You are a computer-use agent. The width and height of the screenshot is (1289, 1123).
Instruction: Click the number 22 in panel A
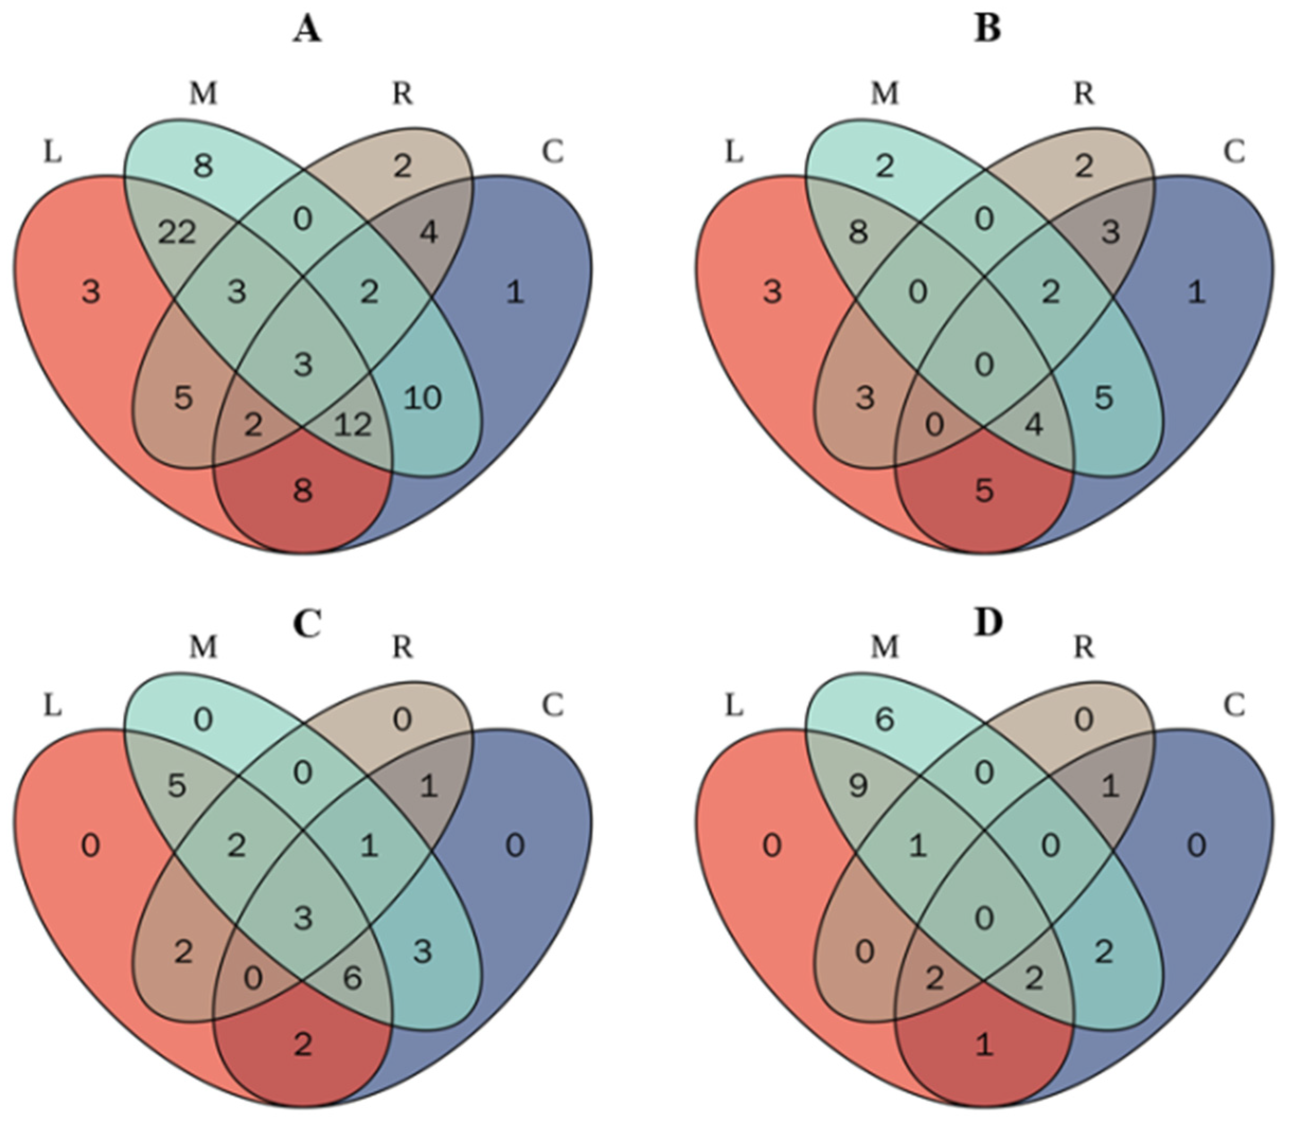coord(177,233)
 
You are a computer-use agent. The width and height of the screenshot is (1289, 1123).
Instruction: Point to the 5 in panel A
coord(183,397)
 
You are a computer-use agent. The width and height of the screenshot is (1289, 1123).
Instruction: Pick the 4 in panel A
coord(428,233)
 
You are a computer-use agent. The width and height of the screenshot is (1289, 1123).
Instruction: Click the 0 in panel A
coord(303,219)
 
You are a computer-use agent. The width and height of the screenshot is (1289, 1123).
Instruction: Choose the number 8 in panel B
coord(858,233)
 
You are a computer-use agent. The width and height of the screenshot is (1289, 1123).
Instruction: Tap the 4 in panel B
coord(1034,424)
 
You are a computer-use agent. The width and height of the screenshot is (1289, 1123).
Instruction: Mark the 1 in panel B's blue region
coord(1196,292)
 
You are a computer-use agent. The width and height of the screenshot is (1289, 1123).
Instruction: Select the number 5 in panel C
coord(177,786)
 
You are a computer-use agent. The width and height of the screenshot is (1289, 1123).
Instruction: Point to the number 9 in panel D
coord(858,786)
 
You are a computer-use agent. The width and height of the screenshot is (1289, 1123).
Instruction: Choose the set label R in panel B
coord(1084,94)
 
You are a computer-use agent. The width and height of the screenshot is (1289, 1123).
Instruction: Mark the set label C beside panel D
coord(1234,706)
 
